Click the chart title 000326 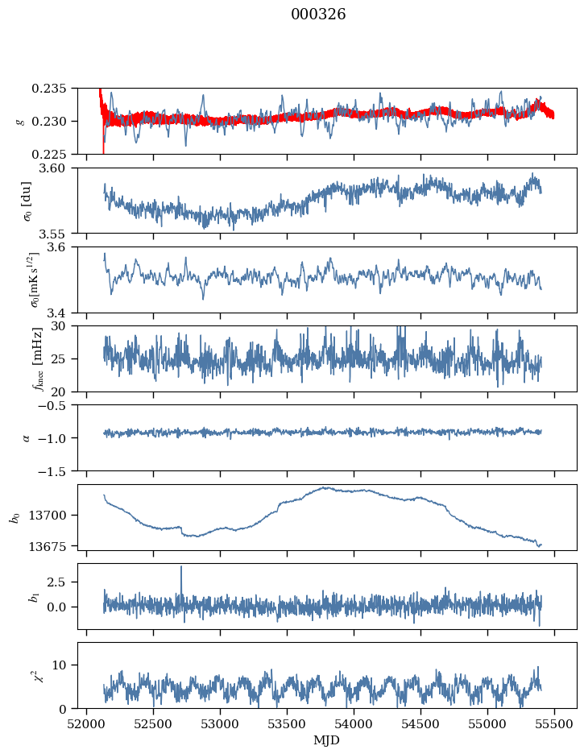pos(318,15)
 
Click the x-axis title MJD pos(327,740)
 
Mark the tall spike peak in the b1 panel pos(181,567)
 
